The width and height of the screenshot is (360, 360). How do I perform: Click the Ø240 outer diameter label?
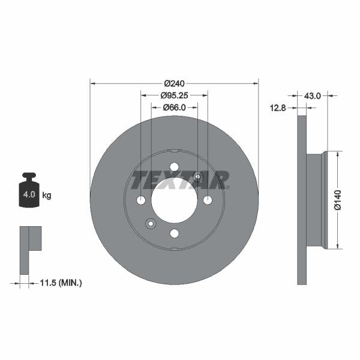click(x=174, y=84)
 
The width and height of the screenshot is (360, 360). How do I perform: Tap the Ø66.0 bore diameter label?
click(x=174, y=107)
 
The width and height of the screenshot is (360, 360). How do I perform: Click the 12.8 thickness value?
click(x=278, y=108)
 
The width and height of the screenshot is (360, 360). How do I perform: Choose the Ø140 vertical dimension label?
click(x=337, y=200)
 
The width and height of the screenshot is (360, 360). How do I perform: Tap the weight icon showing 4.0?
click(x=29, y=191)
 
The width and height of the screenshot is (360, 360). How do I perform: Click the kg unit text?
click(x=47, y=196)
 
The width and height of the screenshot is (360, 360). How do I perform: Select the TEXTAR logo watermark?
click(x=181, y=179)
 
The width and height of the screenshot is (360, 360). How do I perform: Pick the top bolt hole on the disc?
click(x=174, y=167)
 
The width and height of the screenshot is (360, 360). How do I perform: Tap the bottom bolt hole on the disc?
click(x=174, y=233)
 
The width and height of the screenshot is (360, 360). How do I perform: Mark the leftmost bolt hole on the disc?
click(x=141, y=200)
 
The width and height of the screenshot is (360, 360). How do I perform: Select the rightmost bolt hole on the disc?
click(x=208, y=200)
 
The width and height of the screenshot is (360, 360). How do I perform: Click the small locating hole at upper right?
click(x=198, y=176)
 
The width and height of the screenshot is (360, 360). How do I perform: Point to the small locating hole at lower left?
click(x=151, y=224)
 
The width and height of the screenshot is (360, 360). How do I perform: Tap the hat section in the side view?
click(x=315, y=200)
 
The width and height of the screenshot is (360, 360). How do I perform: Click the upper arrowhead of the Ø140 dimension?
click(x=337, y=155)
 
